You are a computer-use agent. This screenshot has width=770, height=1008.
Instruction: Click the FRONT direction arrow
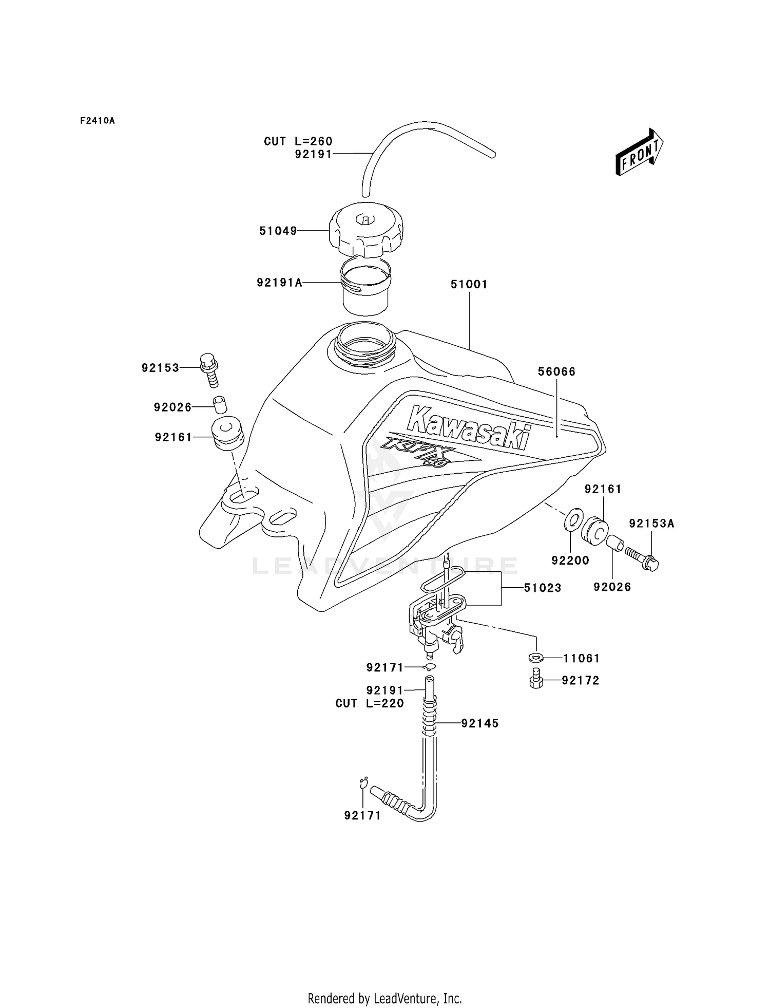pyautogui.click(x=639, y=153)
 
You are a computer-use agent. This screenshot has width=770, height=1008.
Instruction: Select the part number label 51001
pyautogui.click(x=469, y=284)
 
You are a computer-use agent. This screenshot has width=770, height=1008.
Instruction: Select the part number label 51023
pyautogui.click(x=542, y=588)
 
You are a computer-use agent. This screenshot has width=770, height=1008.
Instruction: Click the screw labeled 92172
pyautogui.click(x=536, y=680)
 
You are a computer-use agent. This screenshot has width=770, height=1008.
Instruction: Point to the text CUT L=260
pyautogui.click(x=298, y=141)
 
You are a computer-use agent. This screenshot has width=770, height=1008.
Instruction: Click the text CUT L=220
pyautogui.click(x=369, y=703)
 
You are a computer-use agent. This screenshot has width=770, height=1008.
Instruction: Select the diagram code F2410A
pyautogui.click(x=97, y=121)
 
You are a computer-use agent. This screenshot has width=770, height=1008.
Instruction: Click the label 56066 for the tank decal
pyautogui.click(x=556, y=371)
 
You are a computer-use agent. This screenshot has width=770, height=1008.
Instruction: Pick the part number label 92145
pyautogui.click(x=479, y=723)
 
